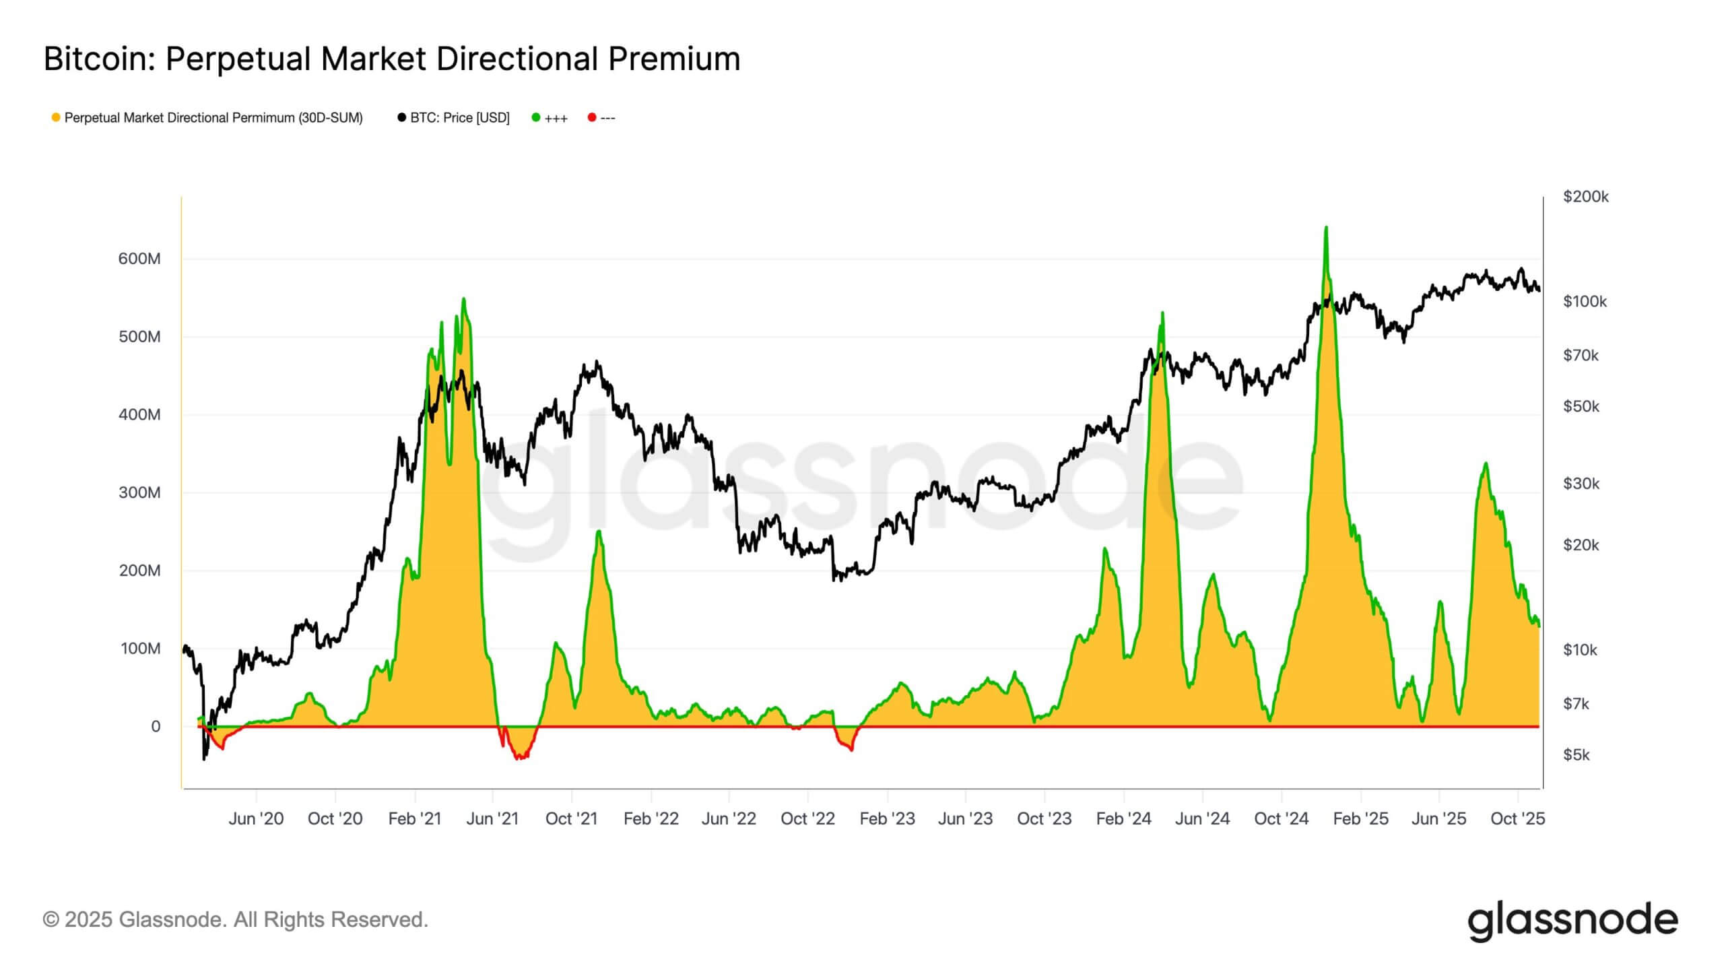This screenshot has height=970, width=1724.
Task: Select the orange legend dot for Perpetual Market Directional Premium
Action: [x=56, y=118]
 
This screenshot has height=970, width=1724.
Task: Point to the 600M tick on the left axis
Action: [x=139, y=259]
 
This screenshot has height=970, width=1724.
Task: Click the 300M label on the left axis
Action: [x=139, y=492]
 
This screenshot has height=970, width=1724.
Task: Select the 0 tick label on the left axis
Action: [x=156, y=726]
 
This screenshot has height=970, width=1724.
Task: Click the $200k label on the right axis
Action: [x=1585, y=197]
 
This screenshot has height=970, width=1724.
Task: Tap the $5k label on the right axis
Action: [x=1577, y=754]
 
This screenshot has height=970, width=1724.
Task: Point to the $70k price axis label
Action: [x=1581, y=355]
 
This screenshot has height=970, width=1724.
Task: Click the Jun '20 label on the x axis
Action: [x=256, y=818]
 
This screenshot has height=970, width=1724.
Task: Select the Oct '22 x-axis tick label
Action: [x=807, y=818]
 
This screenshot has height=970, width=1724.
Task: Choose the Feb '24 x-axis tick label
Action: [x=1123, y=818]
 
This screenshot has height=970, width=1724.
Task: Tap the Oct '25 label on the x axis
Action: [x=1517, y=818]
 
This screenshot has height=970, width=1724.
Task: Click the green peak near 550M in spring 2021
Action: [x=463, y=300]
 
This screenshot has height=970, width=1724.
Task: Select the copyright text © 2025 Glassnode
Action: [x=235, y=919]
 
